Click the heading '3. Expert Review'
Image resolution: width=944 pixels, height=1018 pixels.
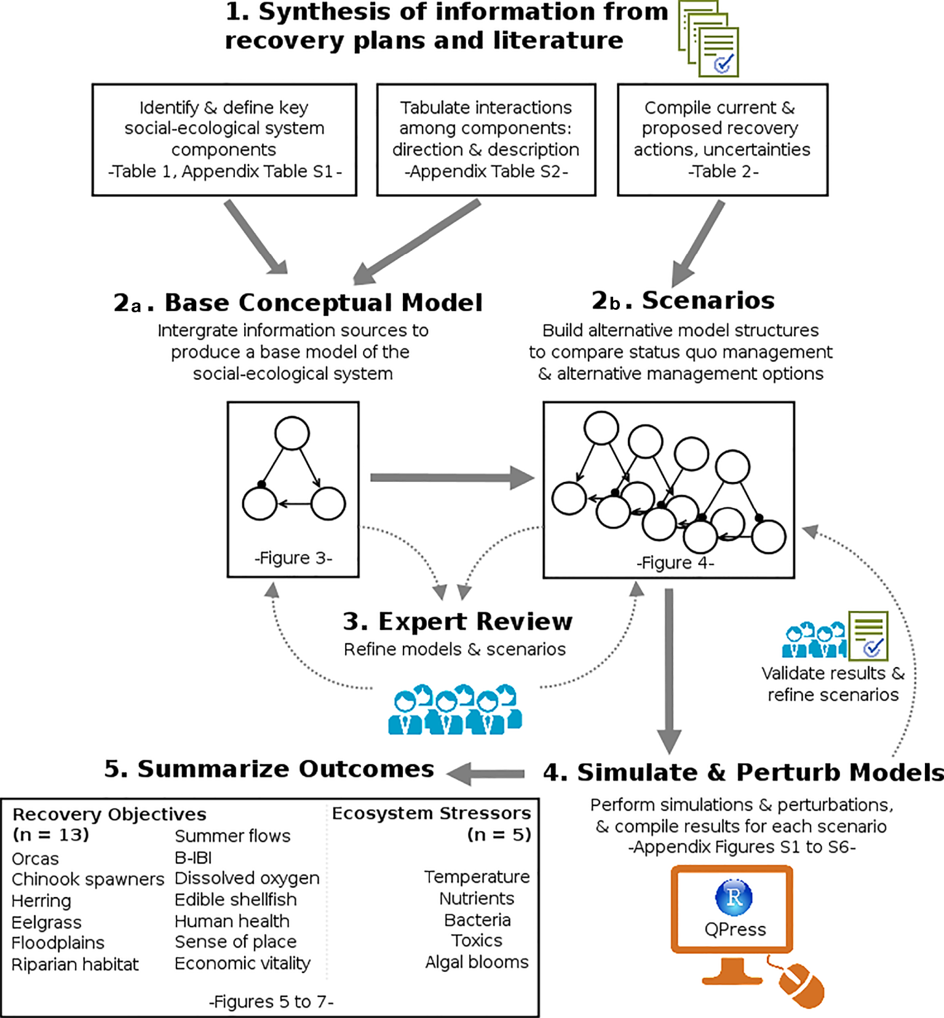458,621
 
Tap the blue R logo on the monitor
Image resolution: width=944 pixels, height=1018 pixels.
734,897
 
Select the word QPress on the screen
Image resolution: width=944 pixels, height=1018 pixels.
735,929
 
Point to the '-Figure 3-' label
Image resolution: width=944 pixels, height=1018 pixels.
293,558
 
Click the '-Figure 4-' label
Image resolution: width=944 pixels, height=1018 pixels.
675,562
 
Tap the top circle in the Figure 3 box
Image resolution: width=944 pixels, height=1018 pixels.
292,433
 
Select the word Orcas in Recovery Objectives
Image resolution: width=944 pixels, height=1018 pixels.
36,859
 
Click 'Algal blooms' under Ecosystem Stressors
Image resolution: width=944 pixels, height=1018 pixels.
477,962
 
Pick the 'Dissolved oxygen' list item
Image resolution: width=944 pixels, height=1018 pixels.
247,878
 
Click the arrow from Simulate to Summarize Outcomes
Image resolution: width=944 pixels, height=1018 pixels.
486,773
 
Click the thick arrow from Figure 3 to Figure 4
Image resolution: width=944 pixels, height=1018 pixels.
452,478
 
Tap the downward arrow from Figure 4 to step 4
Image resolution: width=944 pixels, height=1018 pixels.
669,670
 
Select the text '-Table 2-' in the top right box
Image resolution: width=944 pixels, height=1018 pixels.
723,172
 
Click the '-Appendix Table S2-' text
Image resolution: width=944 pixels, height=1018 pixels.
486,172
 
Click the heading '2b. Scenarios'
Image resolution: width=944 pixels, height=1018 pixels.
683,300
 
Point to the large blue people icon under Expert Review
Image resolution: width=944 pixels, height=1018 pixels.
455,710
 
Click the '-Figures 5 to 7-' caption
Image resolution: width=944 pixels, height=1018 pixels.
271,1001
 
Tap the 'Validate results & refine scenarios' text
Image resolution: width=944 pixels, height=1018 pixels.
833,684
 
